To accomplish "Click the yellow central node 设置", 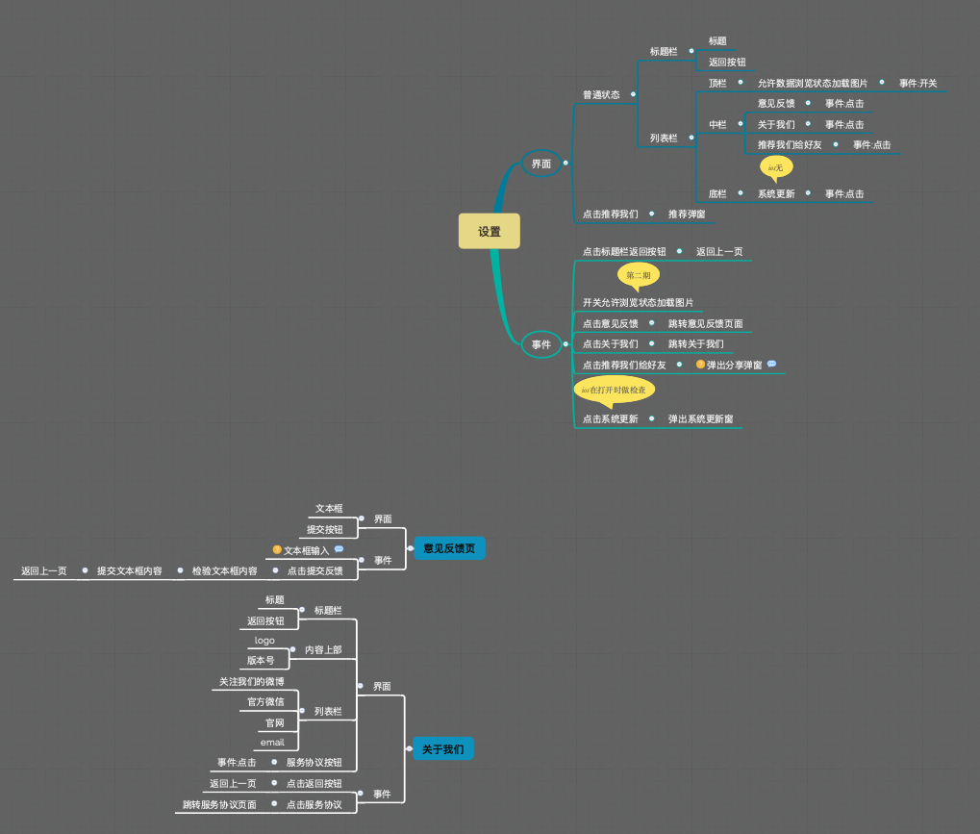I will click(490, 231).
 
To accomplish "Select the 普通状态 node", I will click(601, 94).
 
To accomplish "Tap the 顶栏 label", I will click(717, 84).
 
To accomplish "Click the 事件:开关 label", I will click(917, 84).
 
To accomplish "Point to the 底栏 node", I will click(717, 193).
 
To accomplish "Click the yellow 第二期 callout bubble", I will click(638, 275).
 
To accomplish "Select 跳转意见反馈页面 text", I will click(705, 323).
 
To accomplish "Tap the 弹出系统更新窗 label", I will click(700, 419).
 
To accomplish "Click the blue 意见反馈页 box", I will click(449, 548).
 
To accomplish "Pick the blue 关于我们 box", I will click(442, 748).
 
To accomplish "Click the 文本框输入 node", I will click(306, 551).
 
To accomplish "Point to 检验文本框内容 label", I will click(224, 570).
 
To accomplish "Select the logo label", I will click(264, 640).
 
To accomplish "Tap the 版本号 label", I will click(261, 661).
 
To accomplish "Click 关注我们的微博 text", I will click(251, 682).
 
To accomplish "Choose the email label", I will click(272, 743).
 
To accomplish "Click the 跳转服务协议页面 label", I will click(219, 804).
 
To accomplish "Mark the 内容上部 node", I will click(323, 650).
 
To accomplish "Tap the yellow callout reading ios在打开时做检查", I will click(614, 390).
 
